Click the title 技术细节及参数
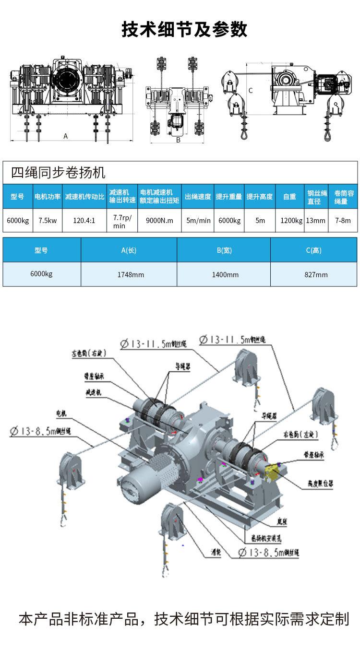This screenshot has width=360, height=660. click(184, 30)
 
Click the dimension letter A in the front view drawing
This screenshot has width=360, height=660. click(66, 136)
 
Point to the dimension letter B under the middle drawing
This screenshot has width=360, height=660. click(178, 140)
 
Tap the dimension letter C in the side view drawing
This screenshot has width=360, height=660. click(251, 90)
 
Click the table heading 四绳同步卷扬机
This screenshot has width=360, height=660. click(58, 172)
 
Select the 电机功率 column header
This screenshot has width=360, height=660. click(48, 197)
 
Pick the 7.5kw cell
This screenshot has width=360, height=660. click(48, 221)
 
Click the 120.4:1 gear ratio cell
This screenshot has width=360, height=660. click(84, 221)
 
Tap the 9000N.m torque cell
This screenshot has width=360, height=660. click(159, 221)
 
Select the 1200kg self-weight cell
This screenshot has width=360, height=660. click(291, 221)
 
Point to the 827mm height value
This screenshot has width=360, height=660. click(316, 275)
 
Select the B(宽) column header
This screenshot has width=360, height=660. click(224, 250)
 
